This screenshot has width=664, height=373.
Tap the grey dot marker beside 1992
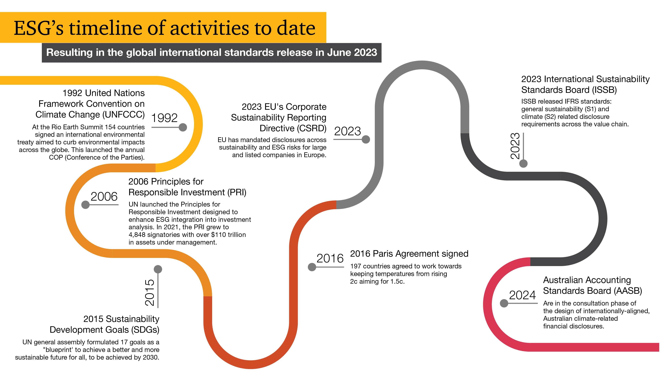183,127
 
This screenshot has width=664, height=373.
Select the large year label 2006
104,196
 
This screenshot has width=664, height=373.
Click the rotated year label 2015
150,293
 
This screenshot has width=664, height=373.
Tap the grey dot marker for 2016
312,267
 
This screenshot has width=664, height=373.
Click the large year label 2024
523,295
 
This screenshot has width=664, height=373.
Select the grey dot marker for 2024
504,303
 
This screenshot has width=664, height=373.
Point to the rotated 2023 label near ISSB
515,146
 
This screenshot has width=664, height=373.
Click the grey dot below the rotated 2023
523,163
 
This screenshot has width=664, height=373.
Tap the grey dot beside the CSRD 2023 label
366,140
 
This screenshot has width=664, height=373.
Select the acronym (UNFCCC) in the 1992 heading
124,115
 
